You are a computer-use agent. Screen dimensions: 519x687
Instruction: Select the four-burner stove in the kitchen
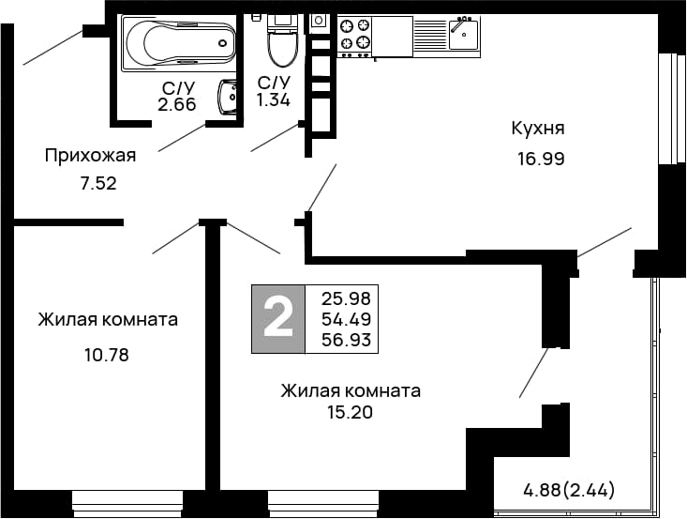click(354, 36)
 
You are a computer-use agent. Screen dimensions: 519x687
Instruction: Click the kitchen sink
click(463, 35)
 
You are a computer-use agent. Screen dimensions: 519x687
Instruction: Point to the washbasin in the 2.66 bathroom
click(228, 97)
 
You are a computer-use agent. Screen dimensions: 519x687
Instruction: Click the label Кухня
click(537, 129)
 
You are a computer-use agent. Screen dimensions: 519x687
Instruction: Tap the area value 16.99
click(540, 159)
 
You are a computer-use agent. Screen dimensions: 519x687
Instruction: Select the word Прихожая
click(91, 155)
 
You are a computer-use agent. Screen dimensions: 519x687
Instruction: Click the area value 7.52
click(97, 184)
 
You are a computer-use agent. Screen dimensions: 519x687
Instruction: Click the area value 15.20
click(351, 411)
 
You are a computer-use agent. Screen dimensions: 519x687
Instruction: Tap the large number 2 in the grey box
click(278, 318)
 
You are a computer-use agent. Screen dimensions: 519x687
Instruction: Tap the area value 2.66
click(176, 105)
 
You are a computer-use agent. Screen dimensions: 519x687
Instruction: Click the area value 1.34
click(274, 100)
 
